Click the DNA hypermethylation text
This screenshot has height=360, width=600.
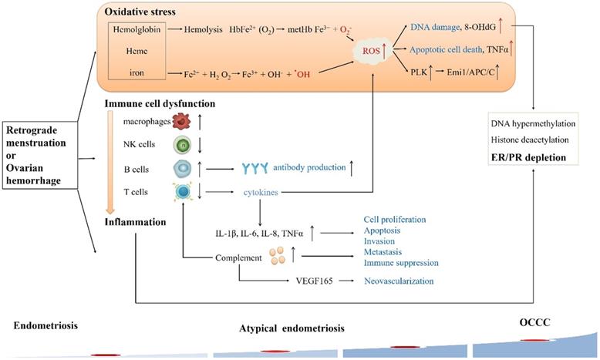(x=531, y=123)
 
